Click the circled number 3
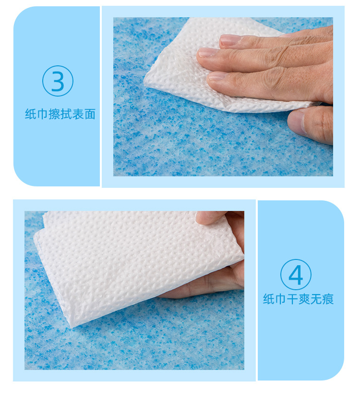(58, 81)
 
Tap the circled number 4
(296, 274)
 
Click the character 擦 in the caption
(54, 114)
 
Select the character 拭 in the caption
(66, 114)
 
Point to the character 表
(78, 114)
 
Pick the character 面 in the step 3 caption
(90, 114)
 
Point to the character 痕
(328, 299)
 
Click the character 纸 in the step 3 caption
(31, 114)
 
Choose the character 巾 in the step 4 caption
(281, 299)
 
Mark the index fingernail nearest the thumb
(217, 76)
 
